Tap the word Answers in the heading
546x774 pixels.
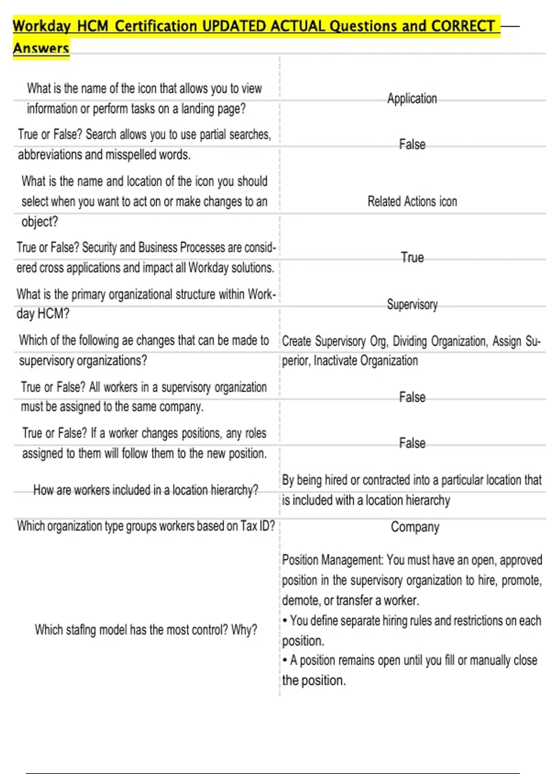(41, 48)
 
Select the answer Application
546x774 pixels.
(412, 98)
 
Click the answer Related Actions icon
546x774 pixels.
(412, 201)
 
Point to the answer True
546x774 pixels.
(412, 258)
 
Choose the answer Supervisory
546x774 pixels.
(412, 304)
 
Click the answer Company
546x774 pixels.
(415, 527)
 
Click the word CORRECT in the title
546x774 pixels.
(462, 26)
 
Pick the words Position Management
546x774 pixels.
(332, 560)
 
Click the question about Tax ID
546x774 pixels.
(146, 526)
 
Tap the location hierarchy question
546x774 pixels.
(146, 490)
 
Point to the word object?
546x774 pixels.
(40, 222)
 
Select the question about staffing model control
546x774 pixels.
(146, 630)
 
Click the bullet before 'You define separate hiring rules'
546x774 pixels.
(285, 621)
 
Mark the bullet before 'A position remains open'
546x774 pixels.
(285, 660)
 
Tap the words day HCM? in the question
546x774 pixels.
(43, 314)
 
